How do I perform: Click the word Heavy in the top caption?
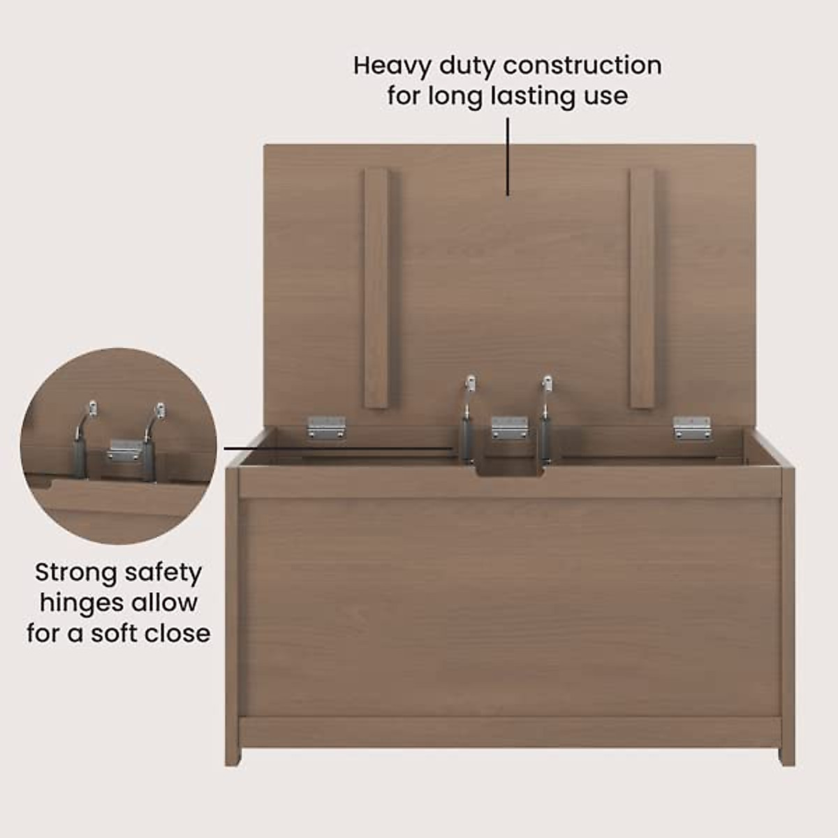pos(392,66)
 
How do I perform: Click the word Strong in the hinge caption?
pos(75,573)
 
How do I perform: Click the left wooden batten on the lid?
pos(376,288)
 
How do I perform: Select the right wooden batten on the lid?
pos(642,288)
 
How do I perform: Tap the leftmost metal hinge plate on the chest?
pos(327,427)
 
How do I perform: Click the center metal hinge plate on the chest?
pos(509,427)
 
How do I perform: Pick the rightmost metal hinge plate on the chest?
pos(691,428)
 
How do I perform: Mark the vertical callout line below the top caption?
pos(508,156)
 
